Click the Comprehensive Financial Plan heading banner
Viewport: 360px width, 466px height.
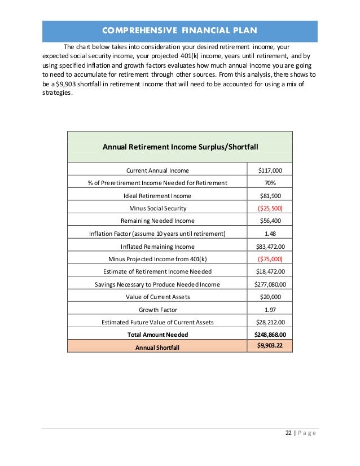coord(180,30)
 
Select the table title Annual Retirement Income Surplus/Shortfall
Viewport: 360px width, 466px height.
coord(180,147)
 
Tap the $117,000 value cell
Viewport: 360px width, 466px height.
coord(270,170)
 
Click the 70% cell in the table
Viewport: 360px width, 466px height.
coord(270,183)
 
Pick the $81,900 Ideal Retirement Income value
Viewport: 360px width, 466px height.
coord(270,196)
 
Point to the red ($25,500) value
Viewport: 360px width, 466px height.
coord(270,208)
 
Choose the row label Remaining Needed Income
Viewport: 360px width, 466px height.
coord(157,221)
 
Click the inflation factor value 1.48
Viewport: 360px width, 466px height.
coord(270,234)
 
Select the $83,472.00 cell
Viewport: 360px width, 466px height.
coord(270,247)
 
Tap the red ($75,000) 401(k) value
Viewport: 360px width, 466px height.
coord(270,259)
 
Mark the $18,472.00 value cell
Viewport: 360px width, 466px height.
coord(270,272)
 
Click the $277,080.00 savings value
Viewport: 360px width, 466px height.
coord(270,284)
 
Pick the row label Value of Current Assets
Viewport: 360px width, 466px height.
coord(157,297)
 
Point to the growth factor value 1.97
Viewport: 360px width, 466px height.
coord(270,310)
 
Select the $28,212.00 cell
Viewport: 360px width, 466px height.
coord(270,323)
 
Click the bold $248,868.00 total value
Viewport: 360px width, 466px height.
coord(270,335)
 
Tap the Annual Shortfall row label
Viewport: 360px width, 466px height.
coord(157,348)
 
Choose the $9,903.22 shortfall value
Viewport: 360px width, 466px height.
coord(270,345)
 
